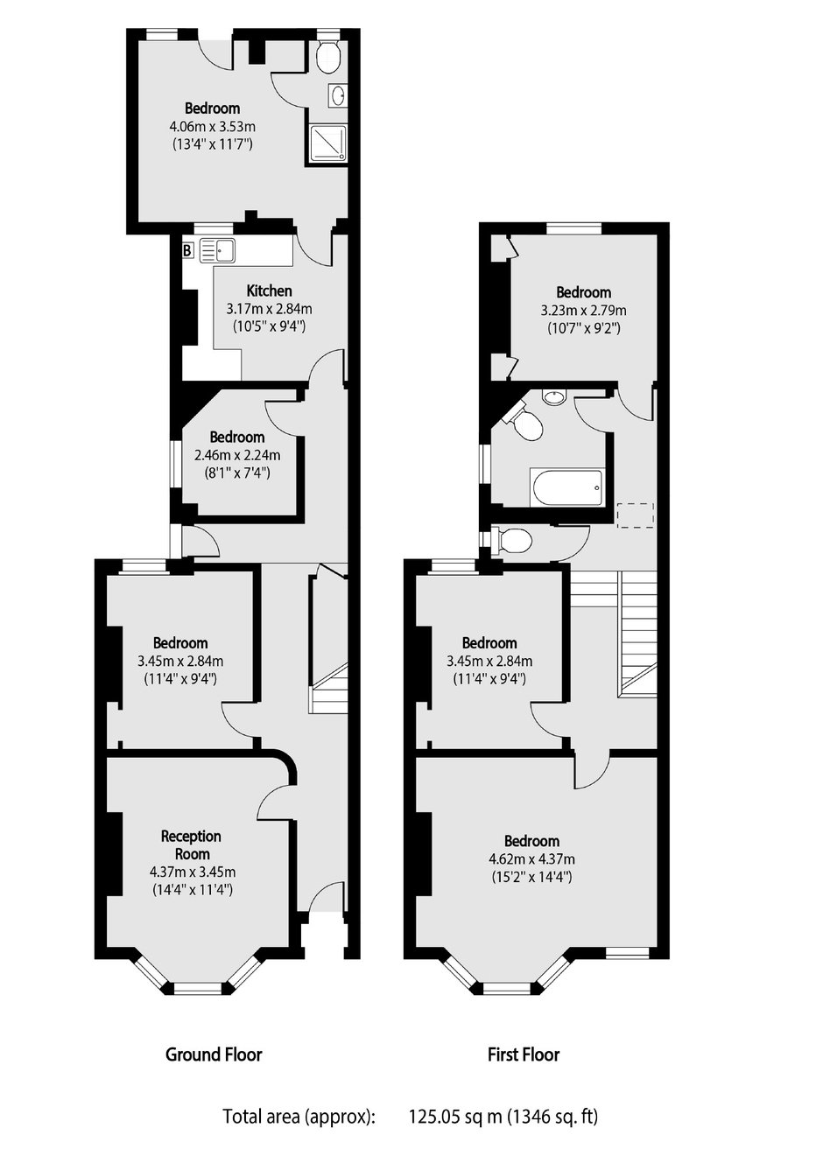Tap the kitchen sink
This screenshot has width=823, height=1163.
tap(216, 251)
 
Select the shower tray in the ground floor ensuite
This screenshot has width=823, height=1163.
tap(327, 142)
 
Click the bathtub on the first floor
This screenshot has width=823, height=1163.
tap(566, 487)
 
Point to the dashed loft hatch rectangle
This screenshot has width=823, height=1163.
tap(636, 515)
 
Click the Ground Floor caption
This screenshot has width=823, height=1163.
tap(214, 1054)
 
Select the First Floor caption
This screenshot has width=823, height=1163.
tap(523, 1054)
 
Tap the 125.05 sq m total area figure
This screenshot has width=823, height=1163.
tap(455, 1117)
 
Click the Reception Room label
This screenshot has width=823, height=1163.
tap(192, 845)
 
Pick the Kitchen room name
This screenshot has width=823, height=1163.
tap(269, 291)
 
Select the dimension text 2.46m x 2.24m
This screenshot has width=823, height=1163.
tap(237, 455)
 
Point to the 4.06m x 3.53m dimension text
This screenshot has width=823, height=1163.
tap(213, 126)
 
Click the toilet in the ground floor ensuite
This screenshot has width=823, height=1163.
tap(327, 56)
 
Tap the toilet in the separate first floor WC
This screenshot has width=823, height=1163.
tap(513, 541)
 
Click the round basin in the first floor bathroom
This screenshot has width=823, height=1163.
tap(553, 398)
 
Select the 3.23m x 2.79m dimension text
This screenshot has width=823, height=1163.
tap(583, 311)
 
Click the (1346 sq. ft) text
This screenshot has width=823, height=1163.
tap(555, 1117)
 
